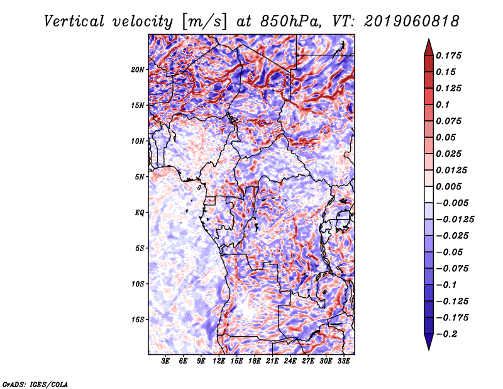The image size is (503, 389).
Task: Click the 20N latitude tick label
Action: pyautogui.click(x=138, y=70)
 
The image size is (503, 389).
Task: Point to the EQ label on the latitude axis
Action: pyautogui.click(x=139, y=213)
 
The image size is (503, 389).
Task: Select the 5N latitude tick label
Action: pyautogui.click(x=140, y=177)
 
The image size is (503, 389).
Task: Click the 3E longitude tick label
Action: pyautogui.click(x=165, y=361)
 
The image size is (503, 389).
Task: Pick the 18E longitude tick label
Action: pyautogui.click(x=255, y=361)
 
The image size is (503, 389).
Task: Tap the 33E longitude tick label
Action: pyautogui.click(x=343, y=361)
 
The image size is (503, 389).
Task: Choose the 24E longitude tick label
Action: pyautogui.click(x=290, y=361)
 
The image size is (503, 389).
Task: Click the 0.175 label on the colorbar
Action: pyautogui.click(x=448, y=55)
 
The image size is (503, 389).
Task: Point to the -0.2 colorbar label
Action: pyautogui.click(x=446, y=334)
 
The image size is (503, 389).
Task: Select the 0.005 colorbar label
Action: pyautogui.click(x=448, y=186)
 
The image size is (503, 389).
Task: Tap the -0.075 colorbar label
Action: pyautogui.click(x=452, y=269)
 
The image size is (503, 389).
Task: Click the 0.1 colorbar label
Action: pyautogui.click(x=443, y=104)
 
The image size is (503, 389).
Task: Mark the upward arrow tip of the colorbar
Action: pyautogui.click(x=429, y=39)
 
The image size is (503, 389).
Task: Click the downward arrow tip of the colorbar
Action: pyautogui.click(x=429, y=349)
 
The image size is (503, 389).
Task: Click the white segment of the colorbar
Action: pyautogui.click(x=429, y=194)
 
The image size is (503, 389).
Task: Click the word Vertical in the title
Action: pyautogui.click(x=74, y=21)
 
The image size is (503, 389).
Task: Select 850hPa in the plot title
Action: pyautogui.click(x=290, y=21)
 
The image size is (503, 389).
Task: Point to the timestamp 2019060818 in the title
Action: pyautogui.click(x=412, y=21)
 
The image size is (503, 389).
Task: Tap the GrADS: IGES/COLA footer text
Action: pyautogui.click(x=35, y=384)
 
